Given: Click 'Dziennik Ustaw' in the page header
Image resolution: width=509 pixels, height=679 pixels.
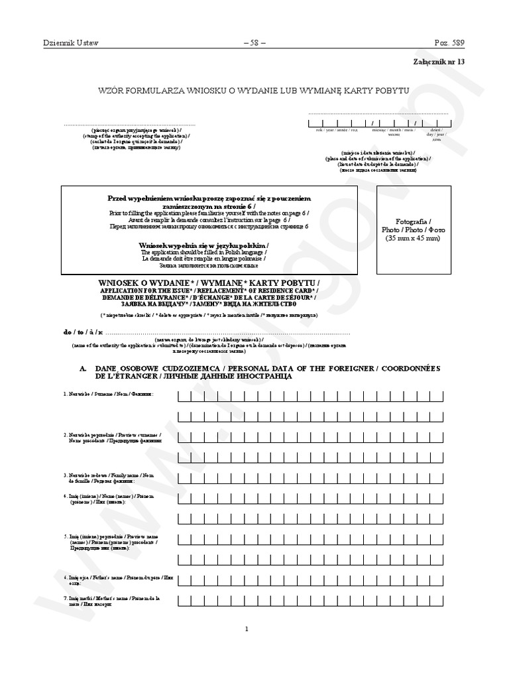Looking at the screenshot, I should click(x=70, y=43).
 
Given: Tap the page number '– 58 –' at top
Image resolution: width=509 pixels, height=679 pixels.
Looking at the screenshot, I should click(x=254, y=43).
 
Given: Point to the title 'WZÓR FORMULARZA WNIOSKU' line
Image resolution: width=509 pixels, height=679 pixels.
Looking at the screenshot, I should click(x=254, y=90).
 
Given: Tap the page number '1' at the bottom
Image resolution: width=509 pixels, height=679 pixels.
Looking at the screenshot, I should click(x=246, y=629).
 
